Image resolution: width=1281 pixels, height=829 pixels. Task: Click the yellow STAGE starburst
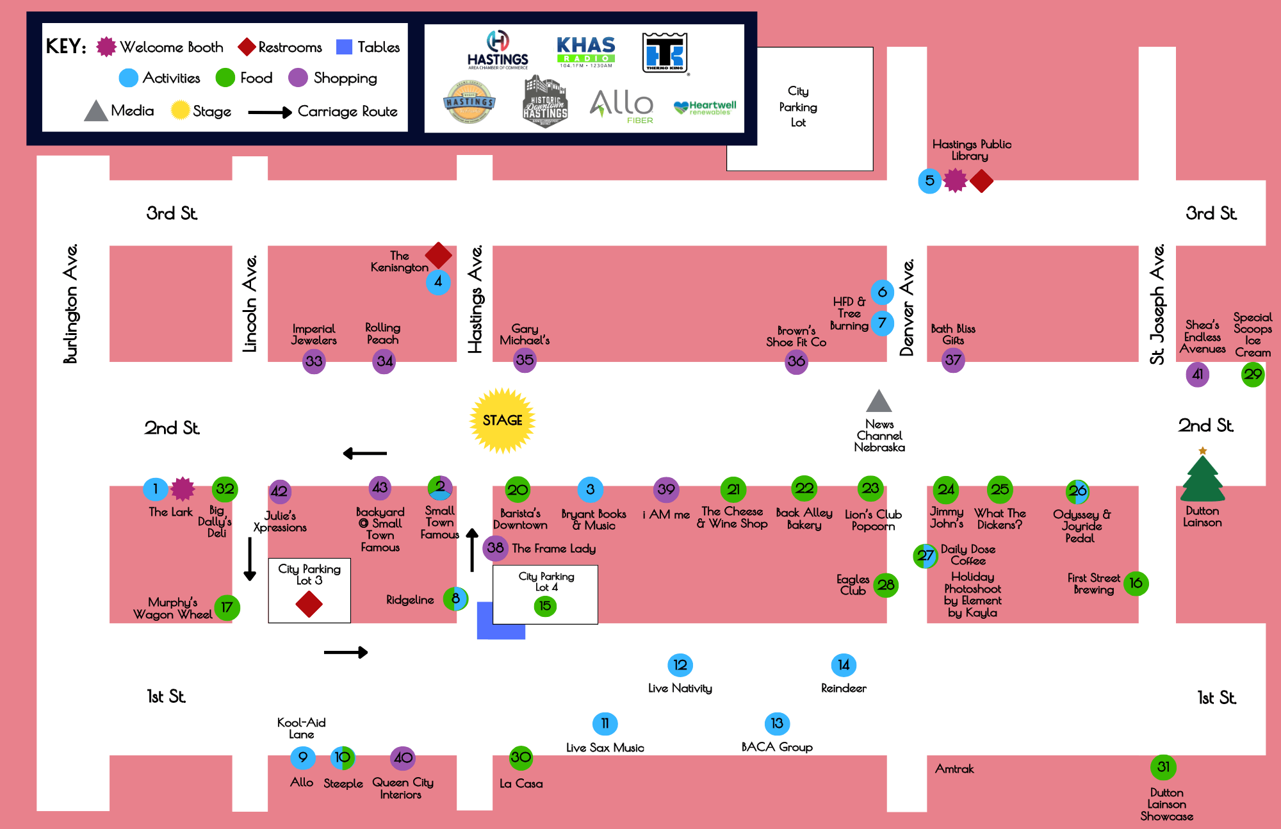pyautogui.click(x=503, y=420)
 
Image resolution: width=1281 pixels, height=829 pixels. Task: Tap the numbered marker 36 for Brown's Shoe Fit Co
pyautogui.click(x=796, y=361)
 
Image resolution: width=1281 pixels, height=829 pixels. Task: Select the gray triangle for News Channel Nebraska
pyautogui.click(x=879, y=401)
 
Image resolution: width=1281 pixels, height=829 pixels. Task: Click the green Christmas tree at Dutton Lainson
pyautogui.click(x=1202, y=477)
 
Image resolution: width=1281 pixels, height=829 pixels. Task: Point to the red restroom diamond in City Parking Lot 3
pyautogui.click(x=309, y=603)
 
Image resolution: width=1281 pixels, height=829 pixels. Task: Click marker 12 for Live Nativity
pyautogui.click(x=680, y=665)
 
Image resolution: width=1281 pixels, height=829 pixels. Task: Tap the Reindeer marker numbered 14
pyautogui.click(x=844, y=665)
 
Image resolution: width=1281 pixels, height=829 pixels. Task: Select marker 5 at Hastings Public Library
pyautogui.click(x=929, y=181)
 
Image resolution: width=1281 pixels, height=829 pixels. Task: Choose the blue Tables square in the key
pyautogui.click(x=344, y=47)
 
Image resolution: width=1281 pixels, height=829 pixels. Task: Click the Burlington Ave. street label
pyautogui.click(x=70, y=303)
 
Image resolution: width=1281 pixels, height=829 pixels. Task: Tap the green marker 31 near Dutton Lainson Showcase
pyautogui.click(x=1163, y=767)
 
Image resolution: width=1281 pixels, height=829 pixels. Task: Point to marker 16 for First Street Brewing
pyautogui.click(x=1136, y=583)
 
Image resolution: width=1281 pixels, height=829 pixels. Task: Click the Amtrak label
pyautogui.click(x=954, y=769)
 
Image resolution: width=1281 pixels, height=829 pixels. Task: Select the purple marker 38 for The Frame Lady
pyautogui.click(x=495, y=548)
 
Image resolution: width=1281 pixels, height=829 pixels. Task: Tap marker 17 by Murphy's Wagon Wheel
pyautogui.click(x=227, y=607)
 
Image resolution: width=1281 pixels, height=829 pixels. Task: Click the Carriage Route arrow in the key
pyautogui.click(x=270, y=113)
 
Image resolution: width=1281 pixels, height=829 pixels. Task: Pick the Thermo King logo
pyautogui.click(x=665, y=53)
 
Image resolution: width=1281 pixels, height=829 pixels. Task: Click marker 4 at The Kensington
pyautogui.click(x=438, y=282)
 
